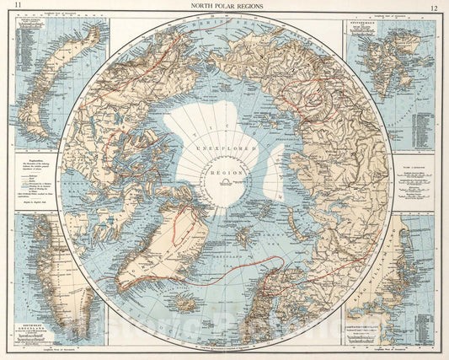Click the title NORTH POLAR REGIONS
[225, 6]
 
